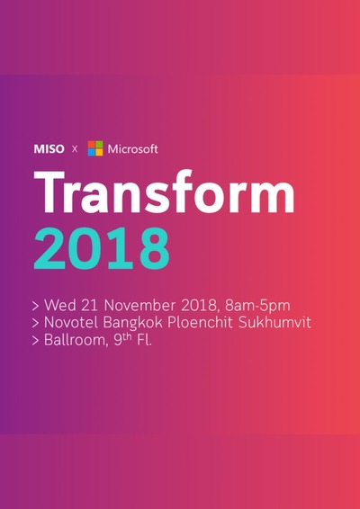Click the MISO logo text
49,148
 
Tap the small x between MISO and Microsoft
75,149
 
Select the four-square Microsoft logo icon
94,148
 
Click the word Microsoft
133,148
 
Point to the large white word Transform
165,192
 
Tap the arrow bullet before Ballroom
35,342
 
